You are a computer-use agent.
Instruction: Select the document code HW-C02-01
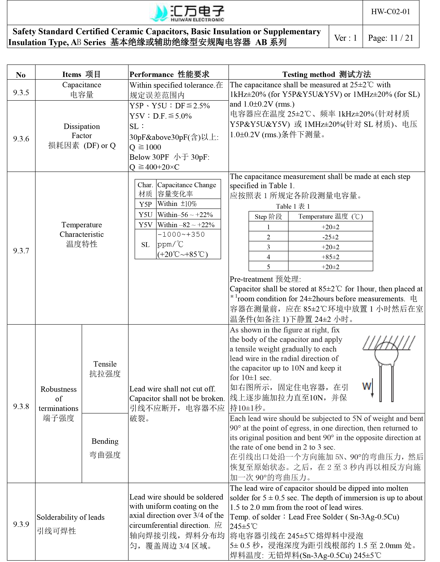pyautogui.click(x=390, y=12)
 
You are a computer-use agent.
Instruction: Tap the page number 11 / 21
pyautogui.click(x=390, y=38)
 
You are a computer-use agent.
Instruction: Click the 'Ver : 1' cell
pyautogui.click(x=345, y=38)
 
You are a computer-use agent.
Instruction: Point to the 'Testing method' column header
pyautogui.click(x=326, y=74)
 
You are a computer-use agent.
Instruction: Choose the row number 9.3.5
pyautogui.click(x=21, y=92)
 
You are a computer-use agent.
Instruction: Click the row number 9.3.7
pyautogui.click(x=21, y=250)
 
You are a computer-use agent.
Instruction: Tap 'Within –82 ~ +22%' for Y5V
pyautogui.click(x=186, y=225)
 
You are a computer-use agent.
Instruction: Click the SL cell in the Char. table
pyautogui.click(x=145, y=245)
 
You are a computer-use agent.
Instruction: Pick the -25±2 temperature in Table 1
pyautogui.click(x=330, y=237)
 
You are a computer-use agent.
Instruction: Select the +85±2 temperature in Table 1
pyautogui.click(x=330, y=257)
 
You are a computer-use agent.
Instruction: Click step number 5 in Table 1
pyautogui.click(x=268, y=267)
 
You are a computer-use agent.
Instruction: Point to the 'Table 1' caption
pyautogui.click(x=293, y=206)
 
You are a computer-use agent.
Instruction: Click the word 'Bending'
pyautogui.click(x=105, y=441)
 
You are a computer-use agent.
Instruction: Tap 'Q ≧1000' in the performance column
pyautogui.click(x=145, y=147)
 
